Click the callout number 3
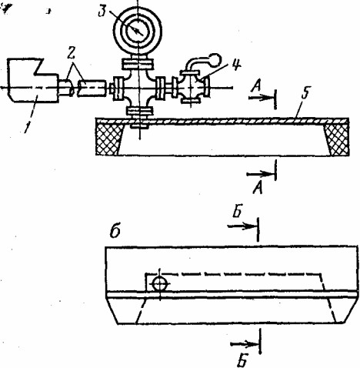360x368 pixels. pyautogui.click(x=102, y=12)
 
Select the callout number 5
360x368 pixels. pyautogui.click(x=305, y=93)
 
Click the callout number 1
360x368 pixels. pyautogui.click(x=26, y=126)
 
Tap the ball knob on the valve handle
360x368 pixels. pyautogui.click(x=215, y=59)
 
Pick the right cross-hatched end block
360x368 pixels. pyautogui.click(x=337, y=139)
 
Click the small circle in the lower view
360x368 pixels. pyautogui.click(x=160, y=284)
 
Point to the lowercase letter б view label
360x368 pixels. pyautogui.click(x=115, y=233)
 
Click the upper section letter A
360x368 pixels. pyautogui.click(x=256, y=86)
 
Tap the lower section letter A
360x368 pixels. pyautogui.click(x=258, y=188)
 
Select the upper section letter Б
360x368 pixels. pyautogui.click(x=238, y=212)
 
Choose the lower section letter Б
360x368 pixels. pyautogui.click(x=242, y=361)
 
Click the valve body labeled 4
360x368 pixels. pyautogui.click(x=191, y=86)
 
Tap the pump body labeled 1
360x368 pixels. pyautogui.click(x=33, y=80)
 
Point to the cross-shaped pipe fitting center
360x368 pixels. pyautogui.click(x=138, y=87)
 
